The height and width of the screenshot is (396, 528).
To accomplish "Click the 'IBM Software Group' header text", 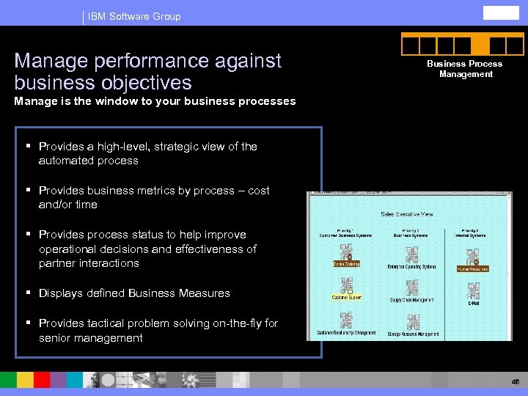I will pyautogui.click(x=133, y=16).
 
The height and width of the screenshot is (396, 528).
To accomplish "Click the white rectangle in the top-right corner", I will pyautogui.click(x=501, y=12).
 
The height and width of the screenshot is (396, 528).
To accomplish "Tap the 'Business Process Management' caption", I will pyautogui.click(x=465, y=69).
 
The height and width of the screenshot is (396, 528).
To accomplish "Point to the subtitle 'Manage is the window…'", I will pyautogui.click(x=155, y=101).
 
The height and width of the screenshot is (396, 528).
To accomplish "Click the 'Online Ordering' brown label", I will pyautogui.click(x=346, y=264).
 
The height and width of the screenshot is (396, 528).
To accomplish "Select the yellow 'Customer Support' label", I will pyautogui.click(x=347, y=298).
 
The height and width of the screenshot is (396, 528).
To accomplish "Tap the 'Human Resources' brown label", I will pyautogui.click(x=472, y=269).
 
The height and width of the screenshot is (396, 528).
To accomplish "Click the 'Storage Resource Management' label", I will pyautogui.click(x=414, y=334).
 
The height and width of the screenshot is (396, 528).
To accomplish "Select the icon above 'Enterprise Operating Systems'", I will pyautogui.click(x=411, y=254).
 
